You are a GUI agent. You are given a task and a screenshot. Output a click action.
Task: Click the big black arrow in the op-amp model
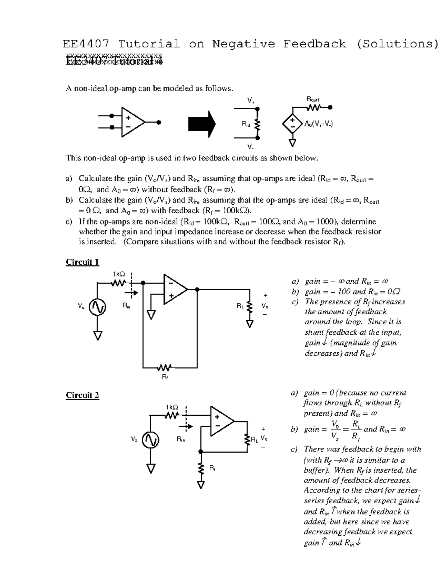pyautogui.click(x=202, y=124)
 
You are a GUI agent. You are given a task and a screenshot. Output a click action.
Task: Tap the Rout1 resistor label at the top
pyautogui.click(x=313, y=99)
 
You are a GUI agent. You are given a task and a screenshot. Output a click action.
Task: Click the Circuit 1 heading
pyautogui.click(x=82, y=262)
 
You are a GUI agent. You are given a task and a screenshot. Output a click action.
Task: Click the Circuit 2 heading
pyautogui.click(x=82, y=395)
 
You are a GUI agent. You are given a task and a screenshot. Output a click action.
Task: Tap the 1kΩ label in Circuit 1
pyautogui.click(x=119, y=274)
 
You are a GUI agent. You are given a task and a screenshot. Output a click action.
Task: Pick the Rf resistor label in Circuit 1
pyautogui.click(x=165, y=377)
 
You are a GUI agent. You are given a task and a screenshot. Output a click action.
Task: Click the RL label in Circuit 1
pyautogui.click(x=240, y=306)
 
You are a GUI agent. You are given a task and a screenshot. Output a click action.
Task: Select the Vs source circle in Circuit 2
pyautogui.click(x=151, y=439)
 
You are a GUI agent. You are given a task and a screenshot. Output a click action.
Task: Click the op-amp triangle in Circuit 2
pyautogui.click(x=221, y=421)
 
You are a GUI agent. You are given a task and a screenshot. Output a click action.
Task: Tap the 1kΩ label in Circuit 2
pyautogui.click(x=172, y=407)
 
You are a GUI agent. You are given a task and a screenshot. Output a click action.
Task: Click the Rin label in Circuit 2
pyautogui.click(x=181, y=440)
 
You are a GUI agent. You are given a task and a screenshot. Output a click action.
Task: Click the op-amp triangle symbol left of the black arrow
pyautogui.click(x=131, y=122)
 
